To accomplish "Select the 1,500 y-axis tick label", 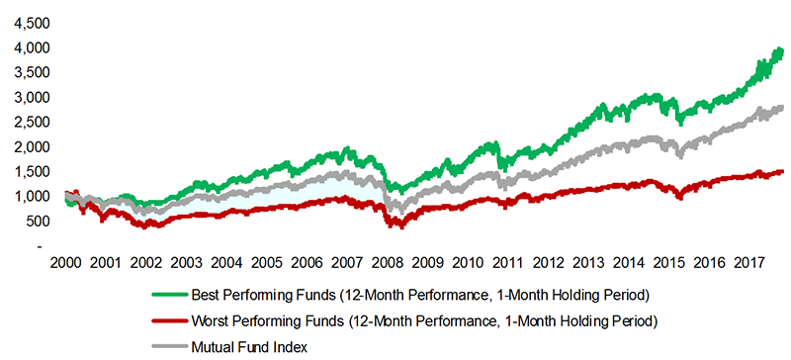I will coord(27,171).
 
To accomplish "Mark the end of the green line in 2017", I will coord(782,50).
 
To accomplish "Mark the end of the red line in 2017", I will coord(782,171).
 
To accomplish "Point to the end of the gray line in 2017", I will coord(782,108).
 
